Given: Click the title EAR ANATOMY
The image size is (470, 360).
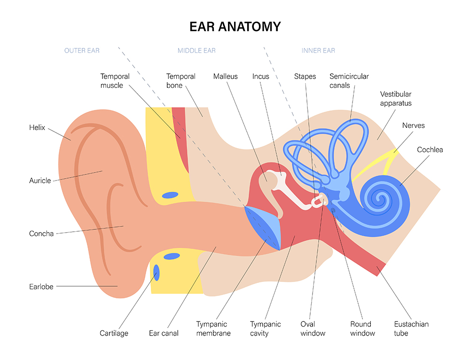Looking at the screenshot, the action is [x=235, y=27].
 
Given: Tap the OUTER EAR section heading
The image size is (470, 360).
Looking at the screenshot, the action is [x=82, y=51].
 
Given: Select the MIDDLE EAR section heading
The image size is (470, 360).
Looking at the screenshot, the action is [x=196, y=51].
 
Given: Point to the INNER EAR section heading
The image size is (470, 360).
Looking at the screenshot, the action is [x=318, y=51].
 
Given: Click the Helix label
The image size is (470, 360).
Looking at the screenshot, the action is [x=37, y=127].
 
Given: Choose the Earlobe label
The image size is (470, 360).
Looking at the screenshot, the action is [x=41, y=287].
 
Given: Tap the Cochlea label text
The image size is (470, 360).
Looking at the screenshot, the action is [x=430, y=149].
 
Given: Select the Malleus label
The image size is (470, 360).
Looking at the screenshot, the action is [x=226, y=77].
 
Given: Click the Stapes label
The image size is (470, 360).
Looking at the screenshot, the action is [x=305, y=77].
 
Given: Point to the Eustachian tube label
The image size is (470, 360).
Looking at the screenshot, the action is [x=411, y=329].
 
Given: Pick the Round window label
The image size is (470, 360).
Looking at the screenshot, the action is [x=362, y=329].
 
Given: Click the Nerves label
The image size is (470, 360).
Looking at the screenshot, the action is [x=413, y=125].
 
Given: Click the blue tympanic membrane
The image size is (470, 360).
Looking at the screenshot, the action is [x=263, y=227].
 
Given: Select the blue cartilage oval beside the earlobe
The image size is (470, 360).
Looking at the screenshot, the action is [x=157, y=273].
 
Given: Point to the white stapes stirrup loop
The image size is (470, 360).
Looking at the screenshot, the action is [x=319, y=201].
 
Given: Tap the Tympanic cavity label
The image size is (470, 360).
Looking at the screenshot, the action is [x=265, y=329].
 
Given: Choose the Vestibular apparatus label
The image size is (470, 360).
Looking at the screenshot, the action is [x=396, y=99].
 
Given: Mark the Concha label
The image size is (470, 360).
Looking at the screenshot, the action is [x=41, y=234].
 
